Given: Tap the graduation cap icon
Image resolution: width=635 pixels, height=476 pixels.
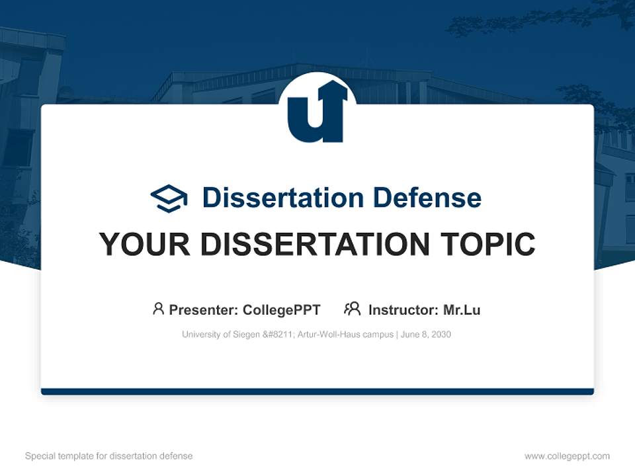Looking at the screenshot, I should tap(169, 198).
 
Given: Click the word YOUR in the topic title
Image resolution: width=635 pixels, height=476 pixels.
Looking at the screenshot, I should tap(145, 245).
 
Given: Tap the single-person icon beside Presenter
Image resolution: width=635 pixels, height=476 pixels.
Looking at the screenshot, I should tap(158, 309).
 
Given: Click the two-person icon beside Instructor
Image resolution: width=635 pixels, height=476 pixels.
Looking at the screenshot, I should tap(352, 309).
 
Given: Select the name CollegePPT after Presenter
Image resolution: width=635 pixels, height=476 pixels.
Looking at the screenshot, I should tap(281, 310).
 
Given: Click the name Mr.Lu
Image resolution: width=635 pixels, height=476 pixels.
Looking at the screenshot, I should tap(462, 310).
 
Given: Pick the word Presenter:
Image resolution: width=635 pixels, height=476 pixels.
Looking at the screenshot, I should tap(204, 310).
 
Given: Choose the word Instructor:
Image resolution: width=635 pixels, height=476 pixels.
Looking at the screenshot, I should tap(403, 310).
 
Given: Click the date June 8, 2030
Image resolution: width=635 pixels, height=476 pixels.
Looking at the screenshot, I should tap(426, 335).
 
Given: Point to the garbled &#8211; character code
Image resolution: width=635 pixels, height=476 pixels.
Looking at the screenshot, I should tap(275, 335).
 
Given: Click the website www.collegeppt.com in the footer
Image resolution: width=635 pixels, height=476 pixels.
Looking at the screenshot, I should tap(567, 456).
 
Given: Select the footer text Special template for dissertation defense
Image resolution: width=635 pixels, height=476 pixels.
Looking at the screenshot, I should tap(109, 456).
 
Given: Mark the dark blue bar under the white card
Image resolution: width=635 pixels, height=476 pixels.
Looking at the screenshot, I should tap(317, 391).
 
